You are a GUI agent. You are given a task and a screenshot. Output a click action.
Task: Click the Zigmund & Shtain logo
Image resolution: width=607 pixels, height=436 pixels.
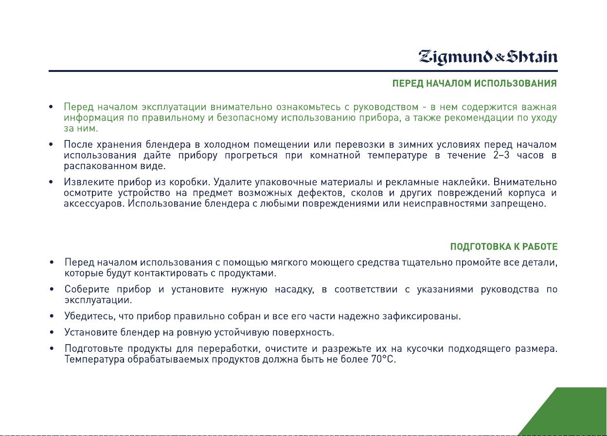point(488,57)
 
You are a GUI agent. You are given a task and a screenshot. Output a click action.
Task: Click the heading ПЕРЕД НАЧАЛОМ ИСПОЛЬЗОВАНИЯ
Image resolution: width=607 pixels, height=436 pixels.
point(475,84)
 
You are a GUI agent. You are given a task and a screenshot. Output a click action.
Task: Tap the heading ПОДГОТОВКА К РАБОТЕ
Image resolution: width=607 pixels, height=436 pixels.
point(504,247)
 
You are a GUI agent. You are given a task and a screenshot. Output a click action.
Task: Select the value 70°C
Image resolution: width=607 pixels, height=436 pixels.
point(383,359)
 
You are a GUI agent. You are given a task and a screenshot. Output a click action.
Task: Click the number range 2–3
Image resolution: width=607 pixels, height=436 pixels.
point(501,156)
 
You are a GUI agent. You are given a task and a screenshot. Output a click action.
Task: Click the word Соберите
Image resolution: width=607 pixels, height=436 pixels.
point(87,290)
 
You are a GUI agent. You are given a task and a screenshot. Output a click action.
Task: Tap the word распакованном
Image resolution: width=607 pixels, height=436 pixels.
point(100,166)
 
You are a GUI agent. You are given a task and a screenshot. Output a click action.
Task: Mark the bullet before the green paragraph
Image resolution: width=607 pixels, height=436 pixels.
point(51,107)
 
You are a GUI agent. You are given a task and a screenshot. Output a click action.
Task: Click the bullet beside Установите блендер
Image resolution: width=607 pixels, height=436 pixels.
point(52,332)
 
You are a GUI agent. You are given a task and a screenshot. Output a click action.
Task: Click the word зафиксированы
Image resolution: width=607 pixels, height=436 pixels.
point(422,316)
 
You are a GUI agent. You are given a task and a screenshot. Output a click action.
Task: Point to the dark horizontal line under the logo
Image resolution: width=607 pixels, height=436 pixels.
point(303,71)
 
